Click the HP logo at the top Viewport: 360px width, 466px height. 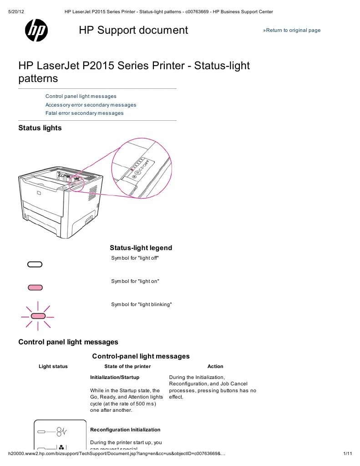36,31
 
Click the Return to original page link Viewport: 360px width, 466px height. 292,31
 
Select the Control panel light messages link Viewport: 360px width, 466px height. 81,97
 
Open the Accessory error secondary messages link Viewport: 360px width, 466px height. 91,105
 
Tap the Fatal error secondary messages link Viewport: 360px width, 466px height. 84,113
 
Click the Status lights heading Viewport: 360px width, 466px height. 40,128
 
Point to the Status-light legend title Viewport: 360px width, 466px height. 141,248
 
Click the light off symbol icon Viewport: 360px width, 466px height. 35,264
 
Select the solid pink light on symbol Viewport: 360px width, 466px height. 35,287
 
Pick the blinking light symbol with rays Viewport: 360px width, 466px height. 38,316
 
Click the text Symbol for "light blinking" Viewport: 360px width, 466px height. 142,304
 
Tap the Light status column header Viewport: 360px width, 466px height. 53,366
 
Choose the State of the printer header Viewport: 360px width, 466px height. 127,366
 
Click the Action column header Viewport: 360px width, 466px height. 215,366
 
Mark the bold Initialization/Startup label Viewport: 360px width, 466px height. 115,378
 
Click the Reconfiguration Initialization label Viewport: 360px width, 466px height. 125,430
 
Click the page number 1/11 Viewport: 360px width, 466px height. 347,454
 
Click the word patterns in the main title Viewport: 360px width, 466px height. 38,78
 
